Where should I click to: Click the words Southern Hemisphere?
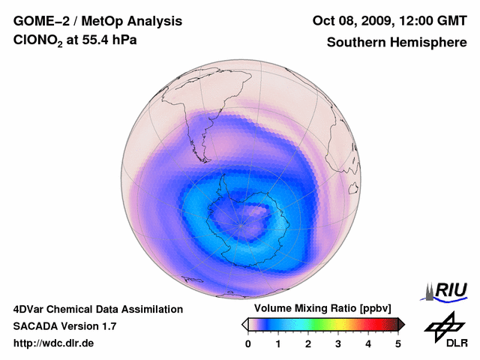pyautogui.click(x=396, y=43)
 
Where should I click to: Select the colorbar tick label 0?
pyautogui.click(x=248, y=343)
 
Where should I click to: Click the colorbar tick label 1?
pyautogui.click(x=278, y=343)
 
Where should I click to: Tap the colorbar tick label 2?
pyautogui.click(x=308, y=343)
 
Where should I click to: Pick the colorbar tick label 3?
pyautogui.click(x=338, y=343)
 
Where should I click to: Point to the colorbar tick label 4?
pyautogui.click(x=368, y=343)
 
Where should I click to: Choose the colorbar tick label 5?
pyautogui.click(x=398, y=343)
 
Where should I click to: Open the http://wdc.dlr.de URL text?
pyautogui.click(x=54, y=343)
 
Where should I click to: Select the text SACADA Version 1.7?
pyautogui.click(x=64, y=326)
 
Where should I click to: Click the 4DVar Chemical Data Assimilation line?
pyautogui.click(x=97, y=309)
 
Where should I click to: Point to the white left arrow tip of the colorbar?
pyautogui.click(x=244, y=324)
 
